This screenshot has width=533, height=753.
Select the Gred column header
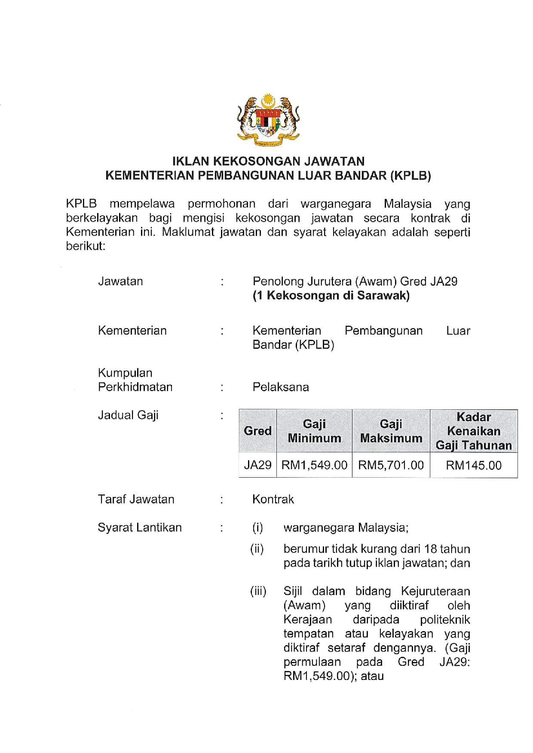pyautogui.click(x=257, y=431)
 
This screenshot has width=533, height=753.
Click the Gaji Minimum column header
pyautogui.click(x=314, y=431)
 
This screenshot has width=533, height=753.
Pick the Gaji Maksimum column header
pyautogui.click(x=391, y=431)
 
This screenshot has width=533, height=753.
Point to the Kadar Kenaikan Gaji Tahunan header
pyautogui.click(x=474, y=431)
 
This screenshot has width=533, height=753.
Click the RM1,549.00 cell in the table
pyautogui.click(x=314, y=465)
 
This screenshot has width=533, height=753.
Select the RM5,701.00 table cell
pyautogui.click(x=391, y=465)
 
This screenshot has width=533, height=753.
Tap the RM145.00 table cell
pyautogui.click(x=474, y=465)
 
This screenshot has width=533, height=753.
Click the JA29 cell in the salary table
pyautogui.click(x=257, y=465)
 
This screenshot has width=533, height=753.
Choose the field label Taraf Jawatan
pyautogui.click(x=136, y=499)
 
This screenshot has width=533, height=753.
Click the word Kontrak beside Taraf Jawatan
pyautogui.click(x=273, y=499)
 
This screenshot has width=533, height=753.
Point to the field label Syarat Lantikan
pyautogui.click(x=140, y=527)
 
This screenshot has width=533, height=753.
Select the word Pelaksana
pyautogui.click(x=281, y=387)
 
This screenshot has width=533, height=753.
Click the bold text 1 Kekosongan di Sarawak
pyautogui.click(x=331, y=296)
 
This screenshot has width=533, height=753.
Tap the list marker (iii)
pyautogui.click(x=258, y=591)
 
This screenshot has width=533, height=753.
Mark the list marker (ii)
pyautogui.click(x=257, y=549)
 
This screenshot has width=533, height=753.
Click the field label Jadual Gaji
pyautogui.click(x=128, y=415)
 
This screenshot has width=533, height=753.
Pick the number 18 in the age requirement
pyautogui.click(x=431, y=549)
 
